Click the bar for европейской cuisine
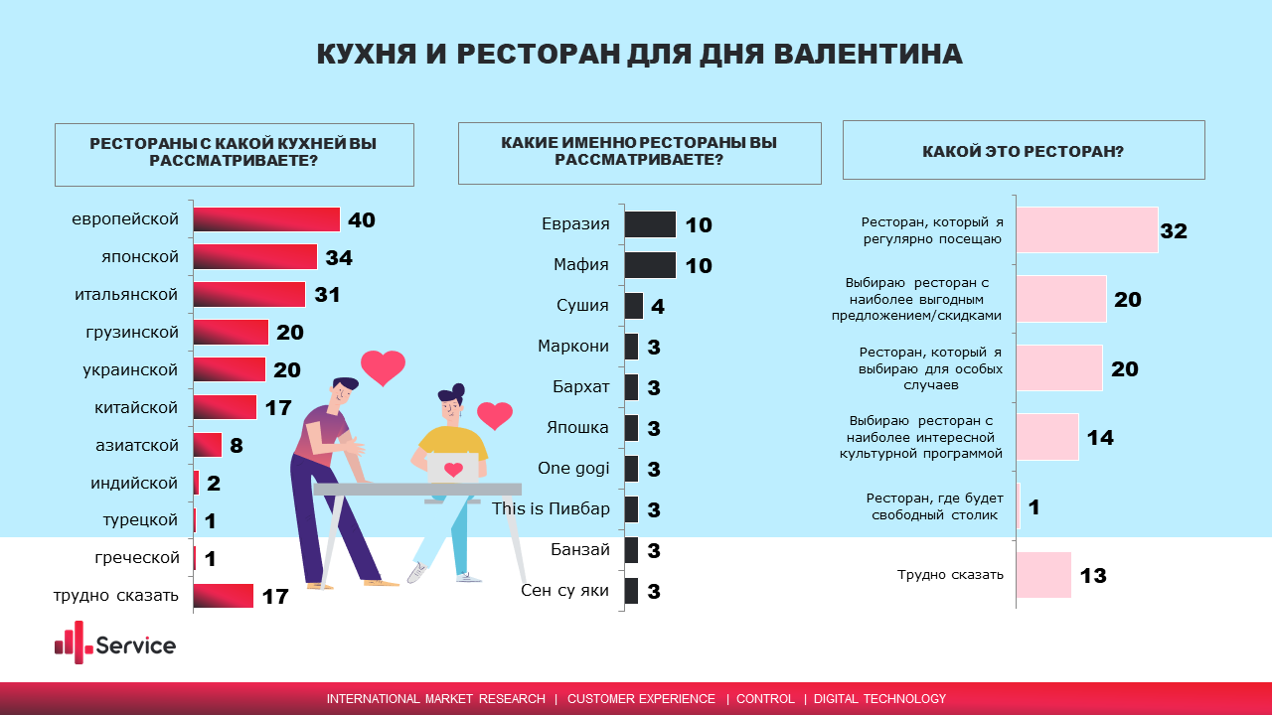point(266,219)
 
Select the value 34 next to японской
point(339,258)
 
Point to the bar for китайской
point(225,407)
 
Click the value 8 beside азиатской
point(237,446)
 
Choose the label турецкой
point(140,520)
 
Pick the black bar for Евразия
point(650,224)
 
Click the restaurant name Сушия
point(582,306)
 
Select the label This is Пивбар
point(551,509)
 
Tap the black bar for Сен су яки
point(631,591)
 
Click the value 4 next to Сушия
point(658,307)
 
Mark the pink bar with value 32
point(1088,230)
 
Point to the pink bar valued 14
point(1048,437)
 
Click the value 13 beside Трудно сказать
point(1092,576)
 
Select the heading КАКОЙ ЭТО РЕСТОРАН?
point(1023,152)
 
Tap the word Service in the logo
point(136,645)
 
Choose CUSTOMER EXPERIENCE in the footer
point(641,699)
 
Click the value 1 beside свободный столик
point(1033,507)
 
